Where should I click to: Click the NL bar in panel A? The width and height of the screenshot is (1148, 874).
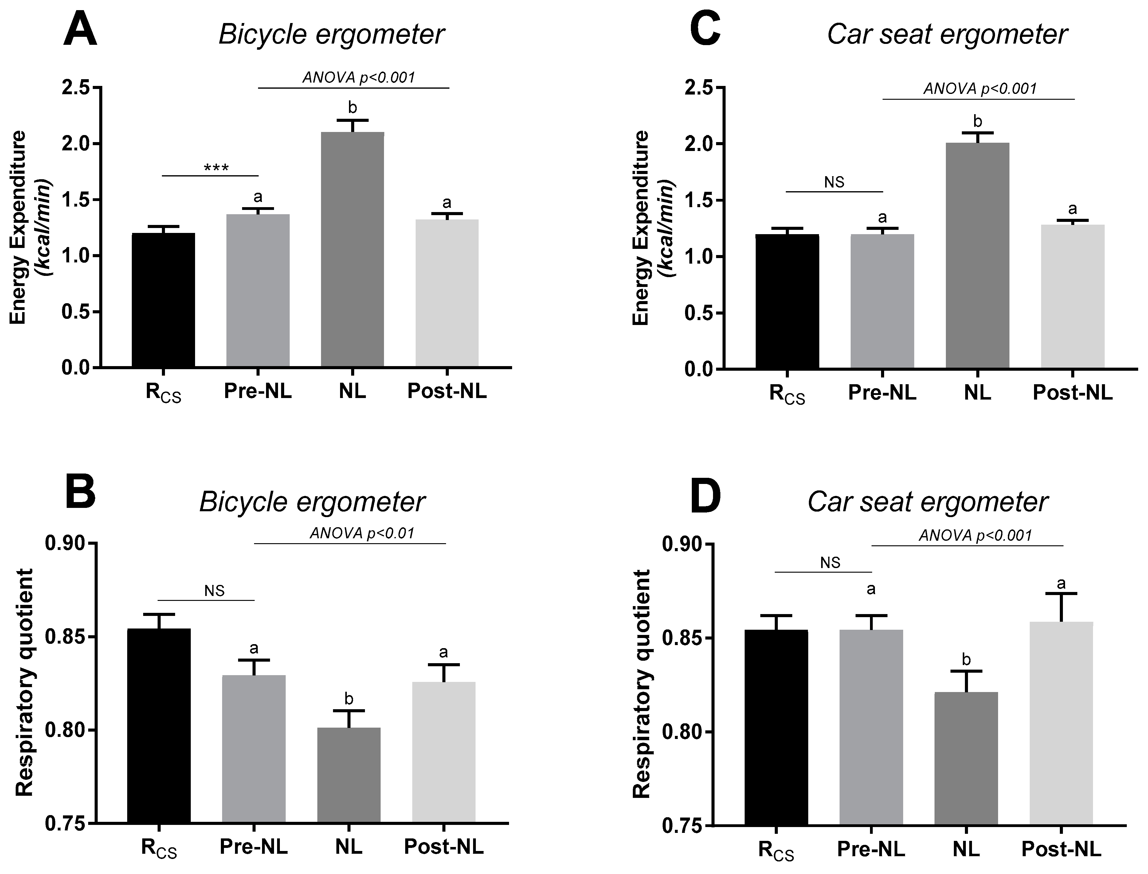(352, 250)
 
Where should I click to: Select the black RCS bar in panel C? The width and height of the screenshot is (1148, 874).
(787, 302)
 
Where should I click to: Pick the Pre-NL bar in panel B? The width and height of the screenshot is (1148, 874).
(253, 749)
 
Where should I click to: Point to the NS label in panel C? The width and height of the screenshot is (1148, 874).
(834, 182)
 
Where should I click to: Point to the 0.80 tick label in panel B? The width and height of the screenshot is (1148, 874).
(68, 730)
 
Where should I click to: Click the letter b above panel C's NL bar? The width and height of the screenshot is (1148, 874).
(977, 122)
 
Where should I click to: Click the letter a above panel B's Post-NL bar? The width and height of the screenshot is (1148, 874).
(444, 652)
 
